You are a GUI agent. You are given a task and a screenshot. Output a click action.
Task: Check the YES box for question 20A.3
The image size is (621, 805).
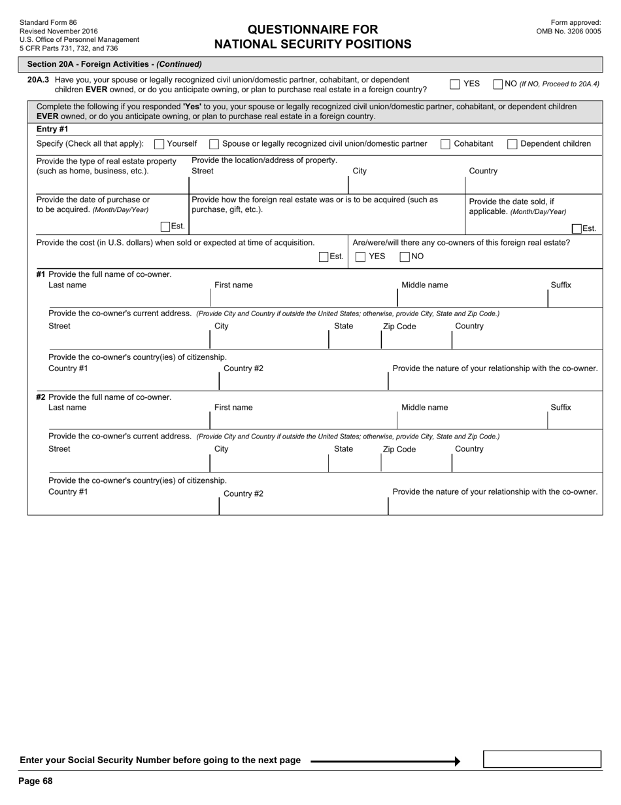(x=455, y=84)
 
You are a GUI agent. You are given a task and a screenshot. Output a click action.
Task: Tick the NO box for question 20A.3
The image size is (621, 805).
(x=497, y=84)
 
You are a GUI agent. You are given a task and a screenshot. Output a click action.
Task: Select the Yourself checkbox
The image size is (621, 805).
(x=159, y=144)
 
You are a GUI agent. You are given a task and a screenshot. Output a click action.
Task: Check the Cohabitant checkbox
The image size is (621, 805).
(x=445, y=144)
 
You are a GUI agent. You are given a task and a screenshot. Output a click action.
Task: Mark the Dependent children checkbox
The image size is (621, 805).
(x=512, y=144)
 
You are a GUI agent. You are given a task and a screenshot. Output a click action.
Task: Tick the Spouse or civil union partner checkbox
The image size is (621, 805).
(x=214, y=144)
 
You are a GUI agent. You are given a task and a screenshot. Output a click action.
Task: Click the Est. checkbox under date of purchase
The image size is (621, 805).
(x=165, y=226)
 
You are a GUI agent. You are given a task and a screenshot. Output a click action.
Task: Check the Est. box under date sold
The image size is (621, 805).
(x=577, y=228)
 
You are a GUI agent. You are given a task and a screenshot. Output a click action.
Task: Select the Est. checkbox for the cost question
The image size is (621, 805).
(x=324, y=257)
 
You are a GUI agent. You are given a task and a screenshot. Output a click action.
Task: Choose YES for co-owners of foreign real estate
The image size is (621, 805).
(x=360, y=257)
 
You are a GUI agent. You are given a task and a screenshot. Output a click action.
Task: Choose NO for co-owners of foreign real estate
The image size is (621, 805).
(x=405, y=257)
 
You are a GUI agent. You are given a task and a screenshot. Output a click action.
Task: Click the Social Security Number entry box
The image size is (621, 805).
(x=542, y=759)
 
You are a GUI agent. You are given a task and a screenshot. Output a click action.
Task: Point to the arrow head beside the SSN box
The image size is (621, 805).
(x=457, y=761)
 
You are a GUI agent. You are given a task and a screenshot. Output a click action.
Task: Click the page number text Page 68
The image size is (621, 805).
(x=35, y=781)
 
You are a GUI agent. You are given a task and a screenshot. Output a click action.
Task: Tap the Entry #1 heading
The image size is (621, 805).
(x=52, y=129)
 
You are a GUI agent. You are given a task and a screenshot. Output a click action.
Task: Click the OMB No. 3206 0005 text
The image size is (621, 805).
(x=568, y=31)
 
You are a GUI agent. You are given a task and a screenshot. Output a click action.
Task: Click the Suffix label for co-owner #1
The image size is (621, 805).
(x=560, y=285)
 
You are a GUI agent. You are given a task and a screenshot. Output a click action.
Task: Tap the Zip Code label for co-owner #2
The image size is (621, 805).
(x=399, y=450)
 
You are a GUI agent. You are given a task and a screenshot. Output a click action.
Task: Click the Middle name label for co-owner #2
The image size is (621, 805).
(x=424, y=407)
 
